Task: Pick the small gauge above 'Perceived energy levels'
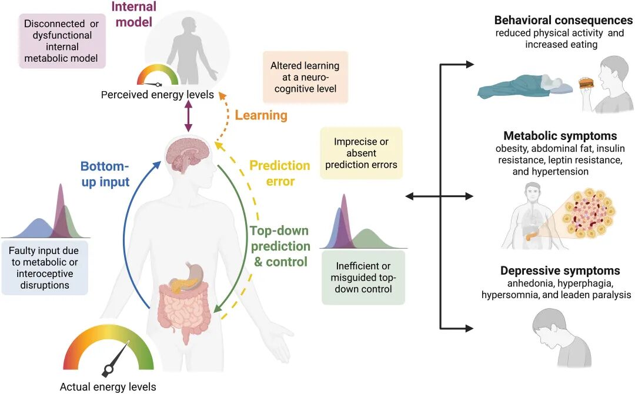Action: [158, 76]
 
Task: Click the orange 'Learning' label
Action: [261, 115]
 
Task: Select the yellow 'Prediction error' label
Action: [280, 173]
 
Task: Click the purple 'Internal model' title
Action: [135, 15]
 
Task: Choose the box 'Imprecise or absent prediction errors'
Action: [361, 153]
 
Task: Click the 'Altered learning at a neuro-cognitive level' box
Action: [305, 78]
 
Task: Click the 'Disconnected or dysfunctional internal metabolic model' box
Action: [62, 41]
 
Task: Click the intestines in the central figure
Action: [183, 309]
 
